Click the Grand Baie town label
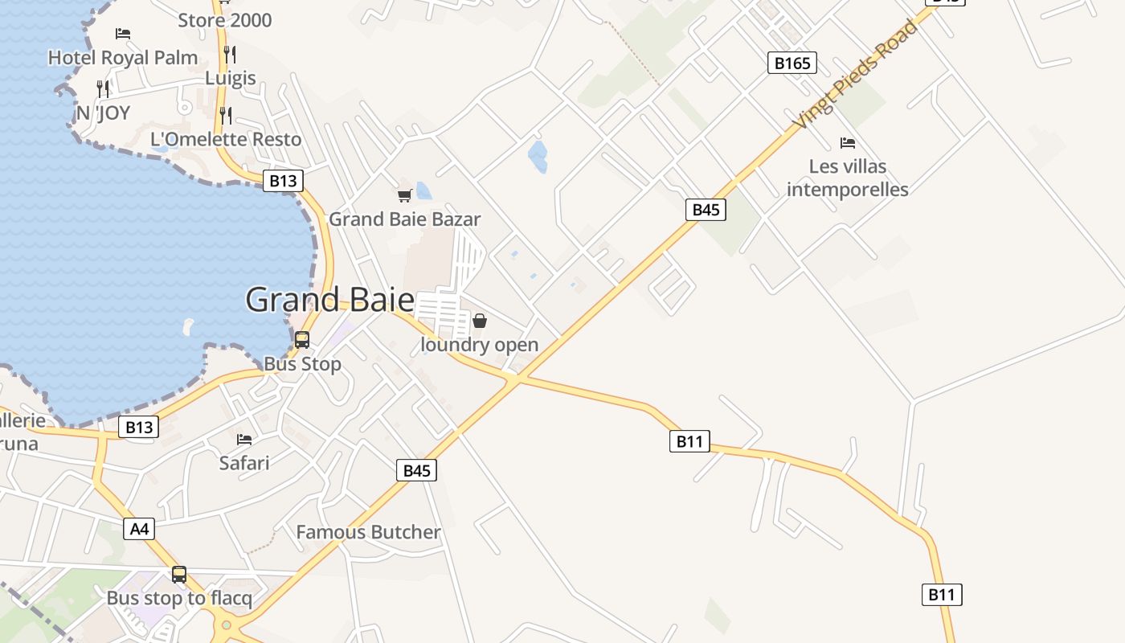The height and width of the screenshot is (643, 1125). point(329,300)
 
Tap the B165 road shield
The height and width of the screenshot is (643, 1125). point(792,63)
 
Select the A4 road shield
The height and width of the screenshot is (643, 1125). point(139,529)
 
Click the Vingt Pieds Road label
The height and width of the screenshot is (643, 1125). point(855,75)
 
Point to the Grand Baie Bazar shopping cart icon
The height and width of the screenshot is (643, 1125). point(405,195)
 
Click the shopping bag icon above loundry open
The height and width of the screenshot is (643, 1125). point(480,321)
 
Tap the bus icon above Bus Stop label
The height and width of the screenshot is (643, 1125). point(302,340)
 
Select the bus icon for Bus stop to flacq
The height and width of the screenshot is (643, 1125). point(179,575)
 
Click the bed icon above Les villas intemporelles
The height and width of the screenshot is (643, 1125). point(847,143)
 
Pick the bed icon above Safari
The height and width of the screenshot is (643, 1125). point(244,440)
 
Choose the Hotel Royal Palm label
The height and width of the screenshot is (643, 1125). point(123,57)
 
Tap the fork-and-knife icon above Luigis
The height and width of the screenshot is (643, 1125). point(230,55)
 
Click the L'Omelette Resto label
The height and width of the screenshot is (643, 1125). point(226,139)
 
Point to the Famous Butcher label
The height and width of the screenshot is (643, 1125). point(368,532)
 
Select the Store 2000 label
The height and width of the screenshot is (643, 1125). point(225,20)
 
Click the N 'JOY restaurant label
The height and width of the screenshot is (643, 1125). point(103,113)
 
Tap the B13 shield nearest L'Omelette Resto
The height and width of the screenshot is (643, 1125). point(283,181)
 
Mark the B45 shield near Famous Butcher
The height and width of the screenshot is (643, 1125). point(416,470)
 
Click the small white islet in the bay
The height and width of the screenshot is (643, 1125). point(188,327)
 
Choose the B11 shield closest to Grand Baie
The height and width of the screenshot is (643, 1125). point(689,440)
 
